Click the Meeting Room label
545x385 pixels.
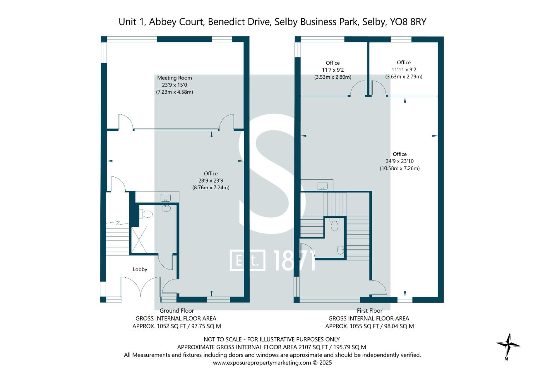tap(175, 78)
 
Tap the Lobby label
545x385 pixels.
tap(140, 269)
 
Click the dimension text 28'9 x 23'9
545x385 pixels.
tap(211, 180)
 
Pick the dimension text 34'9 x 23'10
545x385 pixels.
tap(399, 161)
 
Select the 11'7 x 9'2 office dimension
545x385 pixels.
tap(333, 70)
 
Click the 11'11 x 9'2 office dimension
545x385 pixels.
tap(404, 70)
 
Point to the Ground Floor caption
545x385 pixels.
tap(177, 310)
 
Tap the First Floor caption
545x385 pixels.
tap(369, 310)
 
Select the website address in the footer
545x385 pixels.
tap(262, 363)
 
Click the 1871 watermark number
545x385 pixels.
tap(294, 261)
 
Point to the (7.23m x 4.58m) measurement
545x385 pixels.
tap(175, 92)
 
